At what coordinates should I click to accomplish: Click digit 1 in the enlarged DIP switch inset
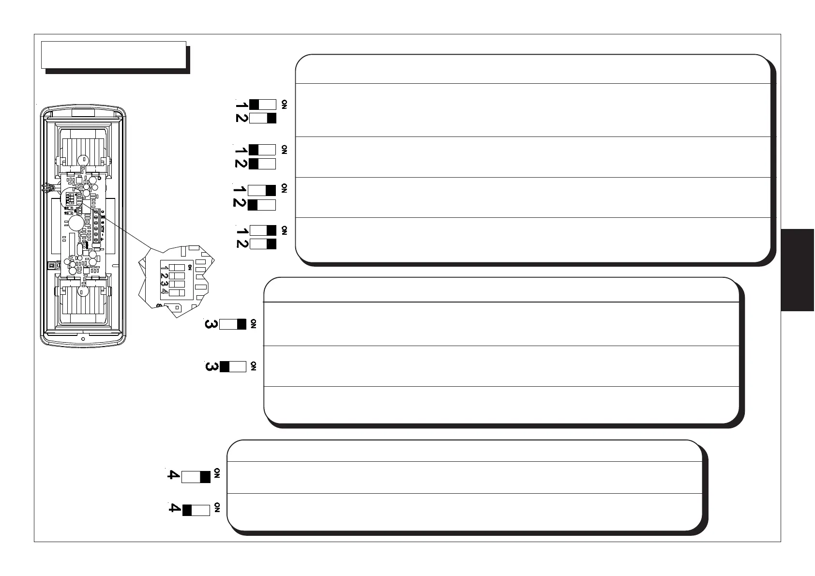point(166,268)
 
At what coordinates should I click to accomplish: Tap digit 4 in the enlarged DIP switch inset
point(166,292)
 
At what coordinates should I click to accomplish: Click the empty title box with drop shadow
point(114,55)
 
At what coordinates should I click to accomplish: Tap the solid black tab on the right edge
point(797,270)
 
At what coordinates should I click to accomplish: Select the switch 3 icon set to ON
point(233,324)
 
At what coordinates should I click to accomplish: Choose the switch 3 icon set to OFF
point(233,366)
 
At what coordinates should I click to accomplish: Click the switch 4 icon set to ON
point(196,477)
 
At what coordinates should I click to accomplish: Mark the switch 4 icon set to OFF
point(196,510)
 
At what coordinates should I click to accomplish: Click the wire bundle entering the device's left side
point(48,188)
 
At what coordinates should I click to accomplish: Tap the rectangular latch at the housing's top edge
point(83,113)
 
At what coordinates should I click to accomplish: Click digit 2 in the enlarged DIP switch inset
point(166,276)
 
